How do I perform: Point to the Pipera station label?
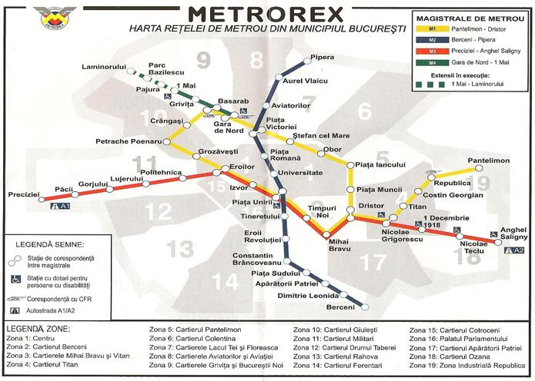322,58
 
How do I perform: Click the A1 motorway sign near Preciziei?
59,207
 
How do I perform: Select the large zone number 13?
182,249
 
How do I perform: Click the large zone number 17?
373,263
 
